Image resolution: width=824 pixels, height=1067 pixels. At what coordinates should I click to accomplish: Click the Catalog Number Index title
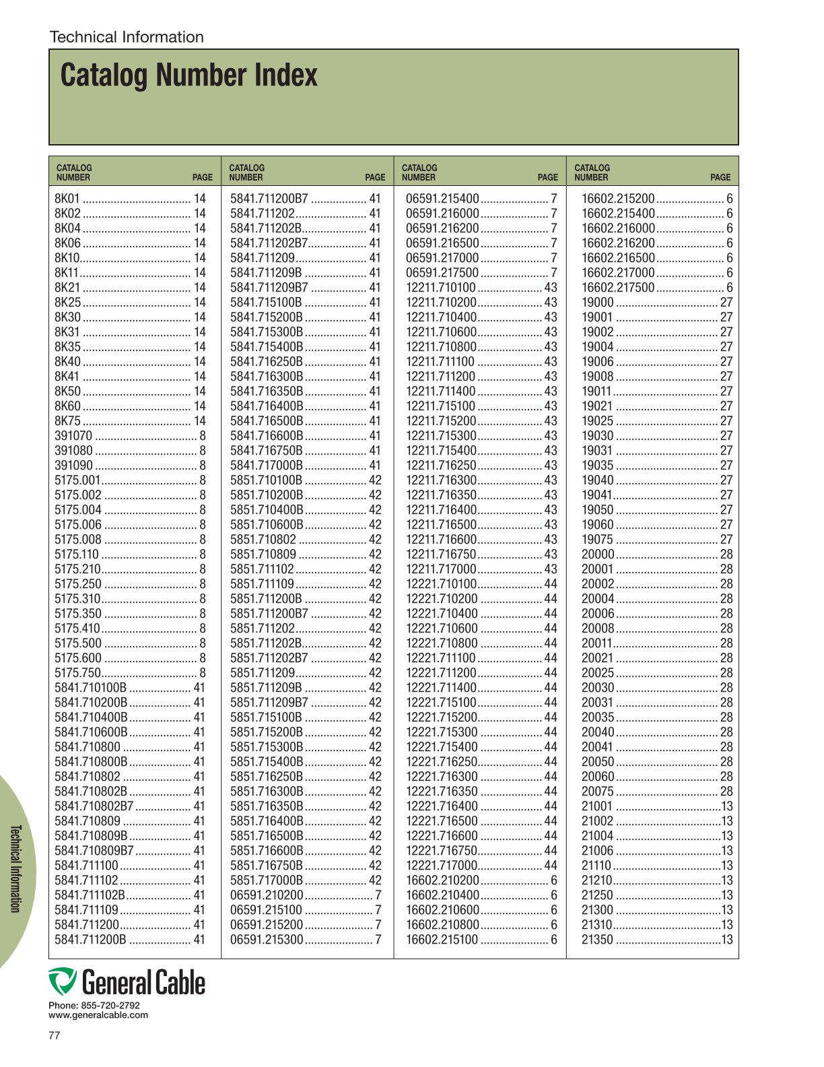tap(188, 75)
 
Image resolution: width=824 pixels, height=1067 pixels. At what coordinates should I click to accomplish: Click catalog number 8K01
tap(67, 199)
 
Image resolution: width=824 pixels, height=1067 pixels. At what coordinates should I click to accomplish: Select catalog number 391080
tap(73, 451)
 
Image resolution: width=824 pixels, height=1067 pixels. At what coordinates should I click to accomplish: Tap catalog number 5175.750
tap(77, 673)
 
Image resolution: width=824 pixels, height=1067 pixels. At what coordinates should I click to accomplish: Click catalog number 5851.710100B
tap(266, 480)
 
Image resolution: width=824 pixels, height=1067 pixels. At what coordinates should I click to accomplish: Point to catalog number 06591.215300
tap(267, 940)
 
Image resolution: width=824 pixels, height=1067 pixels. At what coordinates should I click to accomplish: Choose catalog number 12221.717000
tap(441, 866)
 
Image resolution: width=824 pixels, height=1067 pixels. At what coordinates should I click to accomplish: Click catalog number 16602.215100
tap(442, 940)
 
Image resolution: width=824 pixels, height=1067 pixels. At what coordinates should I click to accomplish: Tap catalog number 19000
tap(597, 302)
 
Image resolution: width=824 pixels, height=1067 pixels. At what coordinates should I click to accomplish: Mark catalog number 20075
tap(597, 791)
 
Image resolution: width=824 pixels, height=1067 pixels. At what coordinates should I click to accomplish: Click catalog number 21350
tap(597, 940)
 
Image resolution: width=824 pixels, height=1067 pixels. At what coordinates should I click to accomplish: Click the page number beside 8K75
tap(200, 421)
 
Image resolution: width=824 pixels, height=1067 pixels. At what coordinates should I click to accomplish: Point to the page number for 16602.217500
tap(729, 288)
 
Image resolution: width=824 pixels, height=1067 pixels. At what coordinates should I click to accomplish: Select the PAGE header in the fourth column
tap(720, 178)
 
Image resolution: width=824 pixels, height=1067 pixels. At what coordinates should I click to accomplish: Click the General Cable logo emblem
tap(63, 981)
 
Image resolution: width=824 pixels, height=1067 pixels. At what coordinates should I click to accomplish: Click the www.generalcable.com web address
tap(98, 1015)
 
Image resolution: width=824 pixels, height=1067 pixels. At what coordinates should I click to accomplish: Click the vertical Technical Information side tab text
tap(15, 868)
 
